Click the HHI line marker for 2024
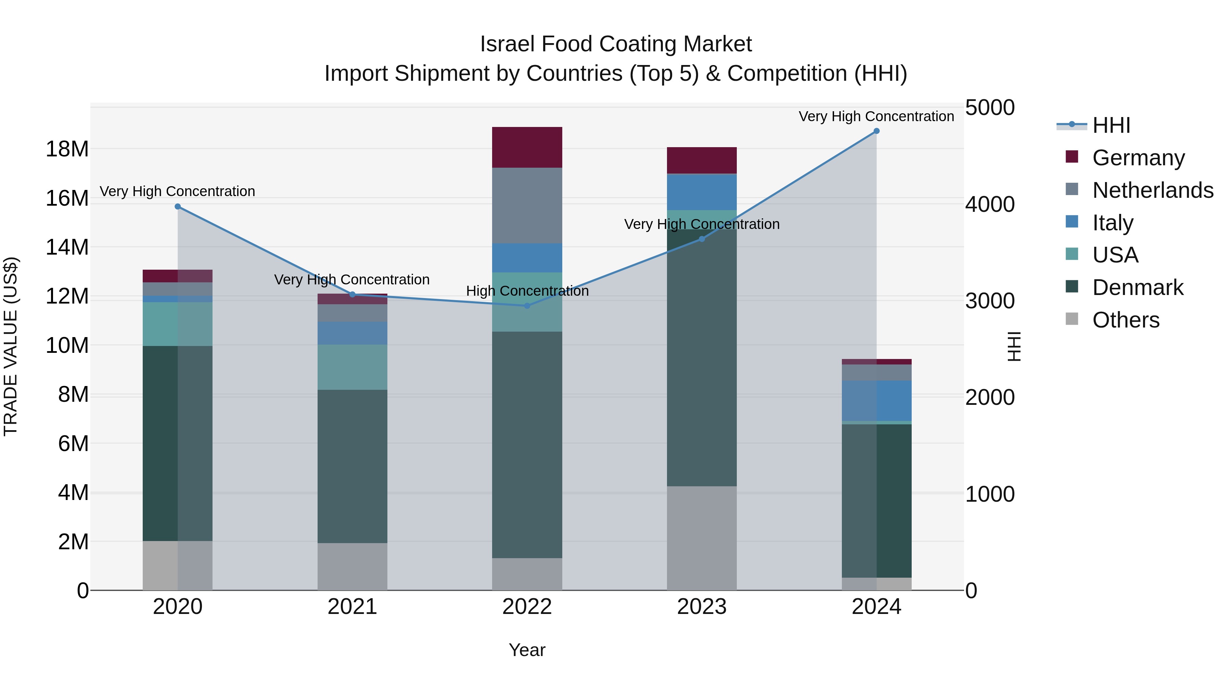click(x=876, y=131)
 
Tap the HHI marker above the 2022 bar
click(x=527, y=306)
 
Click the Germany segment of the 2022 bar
click(x=527, y=147)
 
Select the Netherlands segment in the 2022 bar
click(x=527, y=205)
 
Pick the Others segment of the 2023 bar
click(x=702, y=538)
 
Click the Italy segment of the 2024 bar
click(x=876, y=401)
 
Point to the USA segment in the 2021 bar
click(x=352, y=367)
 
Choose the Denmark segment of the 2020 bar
click(x=177, y=443)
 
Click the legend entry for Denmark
click(x=1137, y=287)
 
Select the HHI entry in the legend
click(x=1111, y=125)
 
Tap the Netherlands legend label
click(x=1153, y=190)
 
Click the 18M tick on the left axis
click(x=67, y=149)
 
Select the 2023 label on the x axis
click(x=702, y=607)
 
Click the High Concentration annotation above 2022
click(x=527, y=291)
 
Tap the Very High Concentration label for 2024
click(x=876, y=116)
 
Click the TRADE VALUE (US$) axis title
click(x=11, y=346)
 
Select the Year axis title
click(x=527, y=650)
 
